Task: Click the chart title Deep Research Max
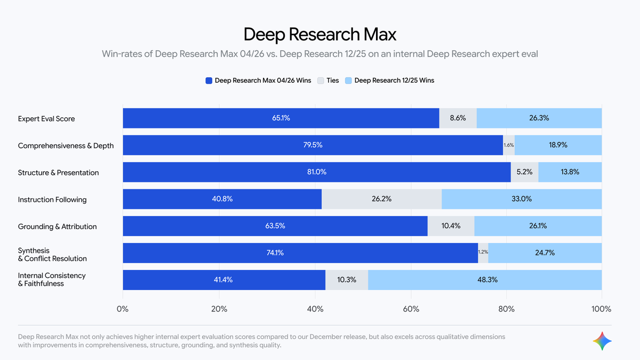pos(320,35)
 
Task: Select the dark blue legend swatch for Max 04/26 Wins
pos(209,81)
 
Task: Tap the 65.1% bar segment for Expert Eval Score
pos(281,118)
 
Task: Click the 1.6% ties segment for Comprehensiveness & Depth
pos(509,145)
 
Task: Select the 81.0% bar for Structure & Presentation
pos(316,172)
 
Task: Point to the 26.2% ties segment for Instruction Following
pos(382,199)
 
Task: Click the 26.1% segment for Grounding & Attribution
pos(538,226)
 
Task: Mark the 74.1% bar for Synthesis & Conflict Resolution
pos(300,253)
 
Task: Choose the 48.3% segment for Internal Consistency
pos(485,280)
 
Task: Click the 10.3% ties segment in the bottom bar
pos(347,280)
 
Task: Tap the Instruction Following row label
pos(52,199)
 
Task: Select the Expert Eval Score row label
pos(46,118)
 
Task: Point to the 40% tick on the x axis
pos(315,309)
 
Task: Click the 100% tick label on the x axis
pos(601,309)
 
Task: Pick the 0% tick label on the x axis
pos(123,309)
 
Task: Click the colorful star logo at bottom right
pos(602,341)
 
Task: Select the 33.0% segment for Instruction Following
pos(522,199)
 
